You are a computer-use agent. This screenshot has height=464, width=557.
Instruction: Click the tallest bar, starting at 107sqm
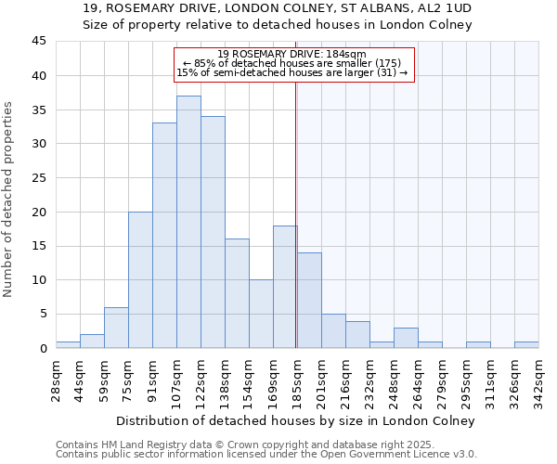click(188, 222)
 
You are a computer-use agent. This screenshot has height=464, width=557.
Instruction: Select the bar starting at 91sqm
click(164, 236)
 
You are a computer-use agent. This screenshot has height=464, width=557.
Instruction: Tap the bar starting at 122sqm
click(213, 232)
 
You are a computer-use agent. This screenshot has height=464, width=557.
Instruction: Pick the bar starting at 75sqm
click(140, 279)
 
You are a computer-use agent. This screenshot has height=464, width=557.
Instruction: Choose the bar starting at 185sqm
click(309, 300)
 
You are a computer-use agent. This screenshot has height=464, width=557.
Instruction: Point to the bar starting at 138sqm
click(237, 293)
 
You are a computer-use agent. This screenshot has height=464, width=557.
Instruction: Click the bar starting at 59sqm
click(116, 328)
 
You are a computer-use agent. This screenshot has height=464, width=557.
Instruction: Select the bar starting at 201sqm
click(333, 331)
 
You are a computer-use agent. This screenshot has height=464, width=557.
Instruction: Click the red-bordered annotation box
click(292, 64)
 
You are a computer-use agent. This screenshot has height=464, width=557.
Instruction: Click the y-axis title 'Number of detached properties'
click(9, 200)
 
